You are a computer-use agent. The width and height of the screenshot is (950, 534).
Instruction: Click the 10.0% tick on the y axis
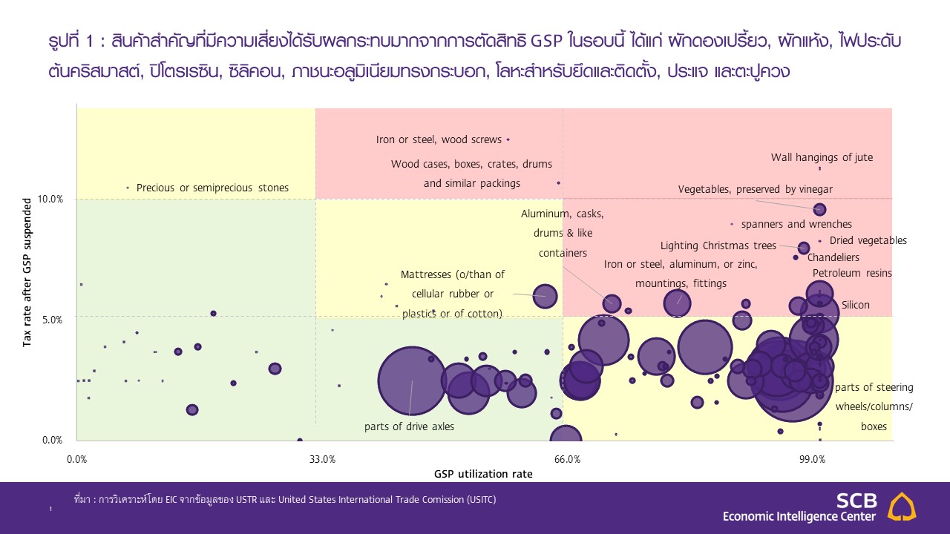(x=51, y=199)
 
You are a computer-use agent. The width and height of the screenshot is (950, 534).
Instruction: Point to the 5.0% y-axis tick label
(x=51, y=320)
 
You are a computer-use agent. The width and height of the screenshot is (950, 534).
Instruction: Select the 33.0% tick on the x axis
(x=322, y=459)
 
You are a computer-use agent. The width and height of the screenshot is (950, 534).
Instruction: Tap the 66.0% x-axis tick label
(x=567, y=459)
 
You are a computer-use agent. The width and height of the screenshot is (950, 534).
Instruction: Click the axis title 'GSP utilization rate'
(x=483, y=473)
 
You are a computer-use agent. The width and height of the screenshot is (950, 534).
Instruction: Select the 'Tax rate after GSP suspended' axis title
(x=27, y=271)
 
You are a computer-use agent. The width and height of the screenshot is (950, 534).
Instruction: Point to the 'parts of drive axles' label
(x=409, y=426)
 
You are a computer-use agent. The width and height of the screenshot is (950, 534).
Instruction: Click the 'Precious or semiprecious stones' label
(x=212, y=188)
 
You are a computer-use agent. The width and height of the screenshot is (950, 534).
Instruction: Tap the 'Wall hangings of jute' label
(x=822, y=157)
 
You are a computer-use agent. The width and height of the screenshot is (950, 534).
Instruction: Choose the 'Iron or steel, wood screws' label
(x=439, y=139)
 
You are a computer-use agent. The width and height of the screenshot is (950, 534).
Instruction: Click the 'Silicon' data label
(x=855, y=305)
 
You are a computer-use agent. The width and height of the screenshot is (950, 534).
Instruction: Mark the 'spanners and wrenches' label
(x=796, y=224)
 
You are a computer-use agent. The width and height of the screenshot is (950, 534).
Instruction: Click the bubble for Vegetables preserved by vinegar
(x=819, y=210)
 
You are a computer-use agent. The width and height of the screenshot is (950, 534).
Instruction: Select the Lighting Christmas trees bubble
(x=804, y=248)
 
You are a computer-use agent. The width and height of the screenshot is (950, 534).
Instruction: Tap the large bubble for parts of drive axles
(x=410, y=381)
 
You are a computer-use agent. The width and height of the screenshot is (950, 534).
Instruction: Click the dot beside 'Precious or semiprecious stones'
(x=128, y=188)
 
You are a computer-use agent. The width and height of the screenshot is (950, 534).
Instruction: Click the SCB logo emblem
(x=902, y=506)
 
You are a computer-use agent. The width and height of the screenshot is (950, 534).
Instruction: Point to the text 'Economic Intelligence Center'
(x=799, y=516)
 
